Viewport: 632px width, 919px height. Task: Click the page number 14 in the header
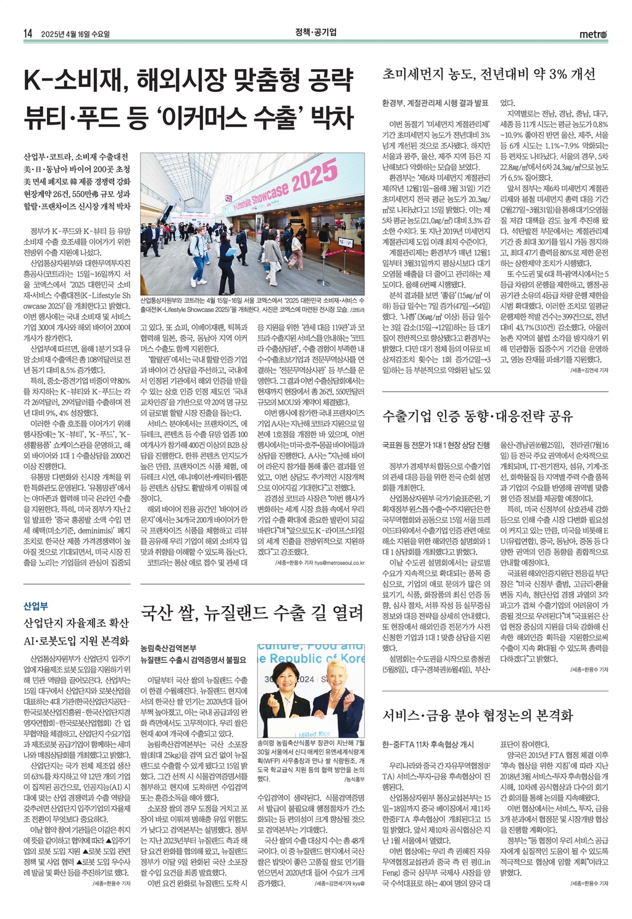[28, 33]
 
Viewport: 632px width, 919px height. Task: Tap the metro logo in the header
[593, 34]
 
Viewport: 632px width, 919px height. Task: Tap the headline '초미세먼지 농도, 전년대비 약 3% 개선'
[489, 75]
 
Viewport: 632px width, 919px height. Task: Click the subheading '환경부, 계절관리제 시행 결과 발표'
[435, 103]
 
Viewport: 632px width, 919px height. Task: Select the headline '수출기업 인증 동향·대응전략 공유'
[478, 416]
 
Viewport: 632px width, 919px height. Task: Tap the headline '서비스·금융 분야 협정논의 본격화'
[478, 715]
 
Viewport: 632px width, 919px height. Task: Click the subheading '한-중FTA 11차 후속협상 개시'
[428, 744]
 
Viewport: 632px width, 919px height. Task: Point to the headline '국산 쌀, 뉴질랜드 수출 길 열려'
[252, 613]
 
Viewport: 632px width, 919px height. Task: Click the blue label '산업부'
[36, 606]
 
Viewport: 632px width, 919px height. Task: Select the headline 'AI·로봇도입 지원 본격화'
[77, 641]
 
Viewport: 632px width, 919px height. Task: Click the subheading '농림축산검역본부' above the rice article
[168, 648]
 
